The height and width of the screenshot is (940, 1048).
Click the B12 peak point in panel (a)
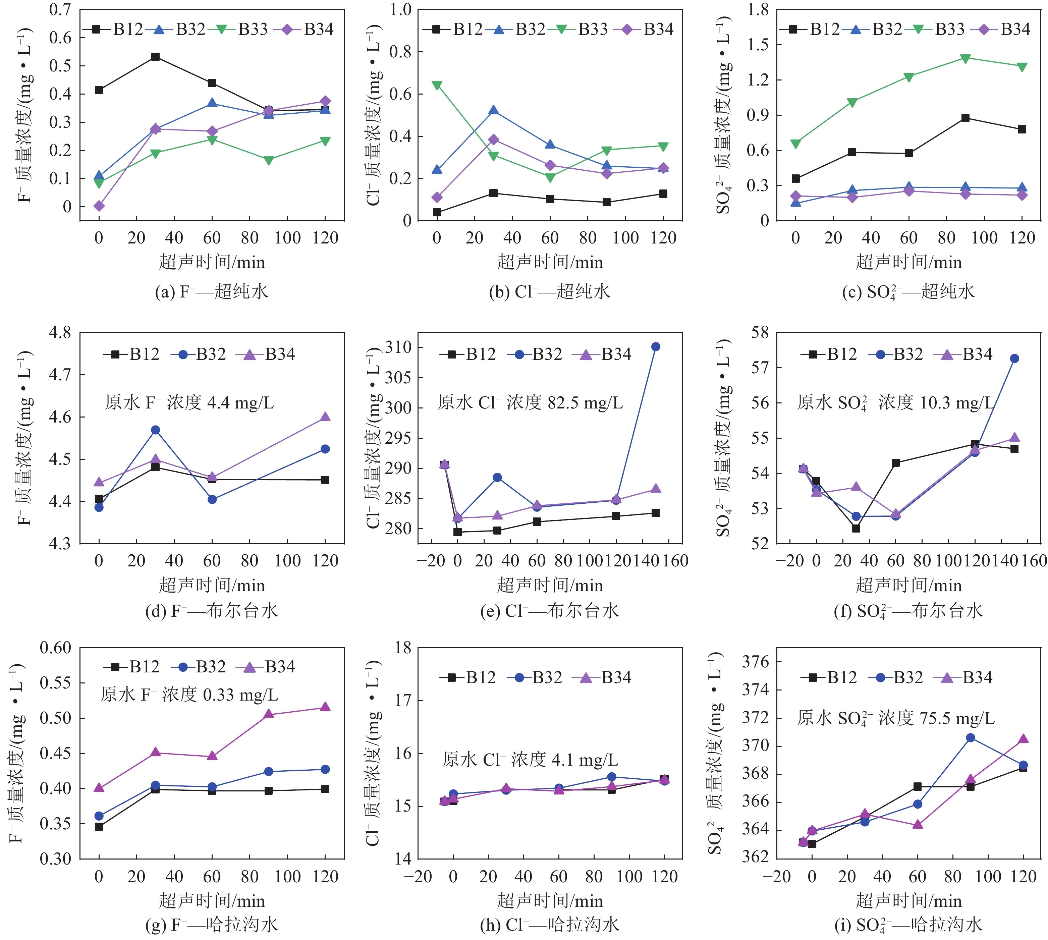click(155, 56)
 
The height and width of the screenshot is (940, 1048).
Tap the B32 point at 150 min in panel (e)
click(655, 346)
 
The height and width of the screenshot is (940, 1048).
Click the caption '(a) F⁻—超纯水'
click(211, 292)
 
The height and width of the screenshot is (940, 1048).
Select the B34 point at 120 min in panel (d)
click(325, 417)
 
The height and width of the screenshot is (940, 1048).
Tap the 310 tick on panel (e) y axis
click(398, 347)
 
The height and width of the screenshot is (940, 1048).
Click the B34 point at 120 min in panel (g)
click(325, 707)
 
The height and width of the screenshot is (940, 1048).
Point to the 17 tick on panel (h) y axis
click(402, 700)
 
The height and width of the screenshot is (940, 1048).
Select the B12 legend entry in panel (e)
click(468, 354)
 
